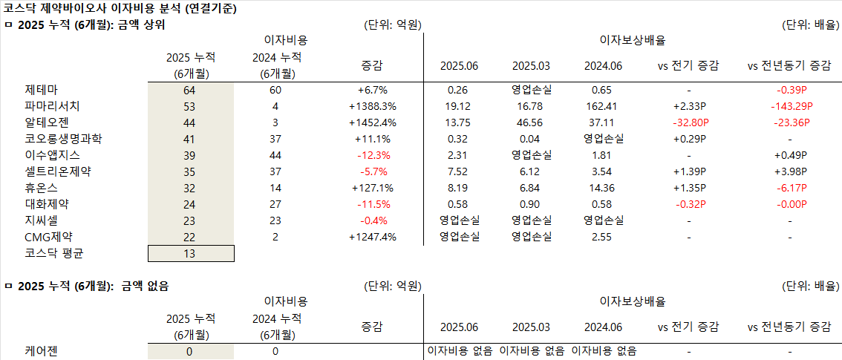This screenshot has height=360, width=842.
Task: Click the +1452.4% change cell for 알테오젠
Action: point(373,122)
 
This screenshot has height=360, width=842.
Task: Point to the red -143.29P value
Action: point(789,106)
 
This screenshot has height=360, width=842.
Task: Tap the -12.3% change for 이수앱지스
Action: point(373,155)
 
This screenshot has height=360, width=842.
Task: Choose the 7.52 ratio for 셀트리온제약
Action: point(458,171)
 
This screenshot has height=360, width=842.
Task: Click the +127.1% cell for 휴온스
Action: point(373,188)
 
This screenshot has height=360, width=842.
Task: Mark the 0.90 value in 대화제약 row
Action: point(531,204)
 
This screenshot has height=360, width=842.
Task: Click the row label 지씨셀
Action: point(40,220)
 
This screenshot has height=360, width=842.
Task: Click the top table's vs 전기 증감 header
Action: point(688,65)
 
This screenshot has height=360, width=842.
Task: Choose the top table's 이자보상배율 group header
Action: point(633,40)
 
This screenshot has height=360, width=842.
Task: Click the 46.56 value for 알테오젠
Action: point(531,122)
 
